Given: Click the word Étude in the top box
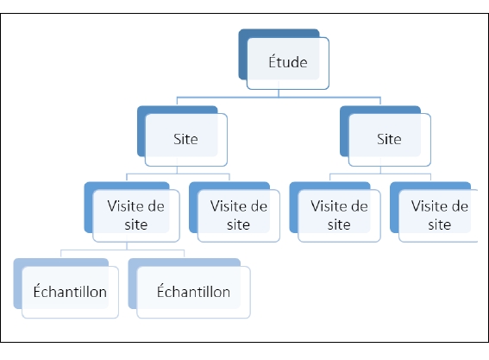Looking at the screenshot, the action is (x=288, y=61).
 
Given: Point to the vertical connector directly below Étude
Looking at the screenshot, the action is (x=279, y=93).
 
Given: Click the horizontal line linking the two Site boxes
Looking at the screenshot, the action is (x=279, y=97).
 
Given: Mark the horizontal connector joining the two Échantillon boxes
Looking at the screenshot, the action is (x=122, y=249).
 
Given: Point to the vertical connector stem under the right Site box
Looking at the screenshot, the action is (x=380, y=169).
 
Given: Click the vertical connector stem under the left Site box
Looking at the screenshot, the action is (x=177, y=169).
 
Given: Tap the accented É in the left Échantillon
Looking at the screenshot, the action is (x=37, y=291).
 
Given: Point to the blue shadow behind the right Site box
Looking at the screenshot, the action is (x=344, y=131).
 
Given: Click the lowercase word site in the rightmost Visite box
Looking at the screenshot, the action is (x=440, y=224).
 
